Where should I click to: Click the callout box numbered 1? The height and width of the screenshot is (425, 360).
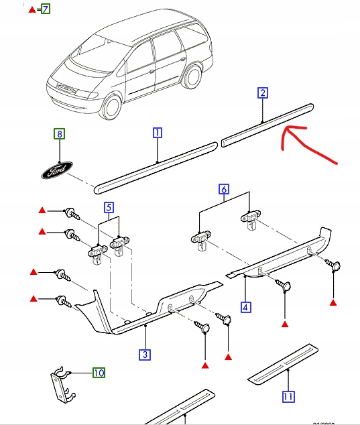click(156, 133)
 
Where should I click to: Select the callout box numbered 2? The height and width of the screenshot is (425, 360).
click(263, 93)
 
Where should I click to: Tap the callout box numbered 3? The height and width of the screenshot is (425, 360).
click(144, 354)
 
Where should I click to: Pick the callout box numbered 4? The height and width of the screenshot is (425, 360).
click(246, 308)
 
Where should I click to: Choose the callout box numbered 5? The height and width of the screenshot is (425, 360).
click(108, 207)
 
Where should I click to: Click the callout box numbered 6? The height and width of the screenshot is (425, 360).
click(225, 190)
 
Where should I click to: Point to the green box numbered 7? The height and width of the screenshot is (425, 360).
click(45, 9)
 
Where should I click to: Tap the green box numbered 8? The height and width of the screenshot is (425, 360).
click(60, 134)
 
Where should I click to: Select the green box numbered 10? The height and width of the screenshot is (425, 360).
click(99, 372)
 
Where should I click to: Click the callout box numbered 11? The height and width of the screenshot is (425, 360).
click(288, 397)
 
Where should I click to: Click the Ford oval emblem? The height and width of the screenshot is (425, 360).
click(54, 172)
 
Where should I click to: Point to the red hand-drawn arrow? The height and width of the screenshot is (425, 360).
click(308, 144)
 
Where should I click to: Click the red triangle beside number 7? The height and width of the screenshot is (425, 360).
click(32, 9)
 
